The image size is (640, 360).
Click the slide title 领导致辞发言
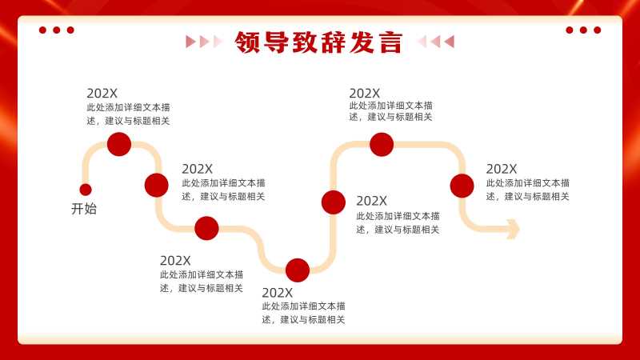[318, 42]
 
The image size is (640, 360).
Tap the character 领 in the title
[247, 42]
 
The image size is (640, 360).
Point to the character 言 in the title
[390, 42]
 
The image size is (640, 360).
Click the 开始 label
[84, 209]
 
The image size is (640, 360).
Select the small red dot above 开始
[86, 190]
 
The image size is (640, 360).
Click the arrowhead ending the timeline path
[513, 229]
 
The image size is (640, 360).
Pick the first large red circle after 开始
[119, 144]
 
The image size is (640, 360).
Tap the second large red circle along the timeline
[156, 185]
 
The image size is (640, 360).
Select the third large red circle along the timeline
[206, 228]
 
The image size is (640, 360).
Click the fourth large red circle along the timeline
[298, 270]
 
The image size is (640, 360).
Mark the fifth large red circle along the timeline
[334, 202]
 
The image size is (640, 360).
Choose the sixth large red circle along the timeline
[382, 145]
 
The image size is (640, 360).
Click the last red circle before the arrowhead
[462, 186]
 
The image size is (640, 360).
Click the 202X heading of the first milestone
[102, 94]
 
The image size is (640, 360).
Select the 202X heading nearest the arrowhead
[502, 169]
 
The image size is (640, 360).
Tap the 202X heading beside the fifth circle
[371, 201]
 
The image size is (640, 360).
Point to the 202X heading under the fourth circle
[277, 293]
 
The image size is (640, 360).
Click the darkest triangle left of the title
[190, 42]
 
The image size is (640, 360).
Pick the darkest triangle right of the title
[449, 42]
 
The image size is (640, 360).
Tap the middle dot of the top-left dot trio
[56, 30]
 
